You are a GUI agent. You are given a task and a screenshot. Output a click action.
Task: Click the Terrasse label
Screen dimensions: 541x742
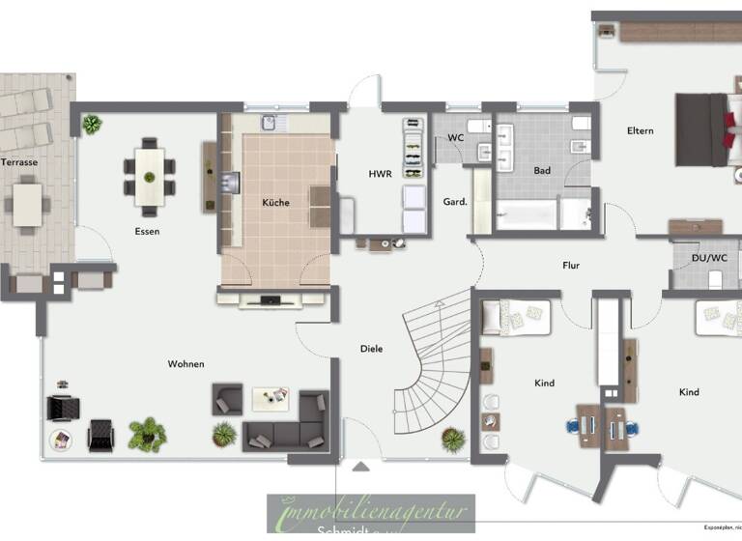[x=19, y=162]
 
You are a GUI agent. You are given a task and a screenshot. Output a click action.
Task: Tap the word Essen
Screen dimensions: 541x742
[x=147, y=232]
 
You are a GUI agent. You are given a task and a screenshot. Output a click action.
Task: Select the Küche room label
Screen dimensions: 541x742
[x=275, y=203]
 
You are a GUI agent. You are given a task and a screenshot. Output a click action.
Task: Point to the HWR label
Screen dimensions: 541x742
[x=380, y=175]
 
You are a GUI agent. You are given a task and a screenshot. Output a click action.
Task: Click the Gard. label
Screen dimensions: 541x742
[x=454, y=202]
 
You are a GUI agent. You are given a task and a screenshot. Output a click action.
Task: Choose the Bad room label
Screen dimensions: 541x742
[x=542, y=171]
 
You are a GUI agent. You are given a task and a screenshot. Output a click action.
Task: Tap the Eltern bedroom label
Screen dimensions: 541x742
[x=640, y=131]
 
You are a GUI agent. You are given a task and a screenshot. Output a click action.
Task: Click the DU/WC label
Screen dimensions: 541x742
[x=708, y=258]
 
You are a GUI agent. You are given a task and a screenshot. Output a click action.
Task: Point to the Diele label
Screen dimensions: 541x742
[x=372, y=348]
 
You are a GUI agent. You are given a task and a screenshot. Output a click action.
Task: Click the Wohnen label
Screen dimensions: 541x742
[x=185, y=364]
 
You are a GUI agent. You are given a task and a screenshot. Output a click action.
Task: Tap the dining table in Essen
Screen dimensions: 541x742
[x=150, y=175]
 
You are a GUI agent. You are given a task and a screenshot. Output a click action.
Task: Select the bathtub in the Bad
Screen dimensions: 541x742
[x=527, y=214]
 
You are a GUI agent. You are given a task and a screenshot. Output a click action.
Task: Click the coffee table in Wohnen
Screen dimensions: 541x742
[x=271, y=398]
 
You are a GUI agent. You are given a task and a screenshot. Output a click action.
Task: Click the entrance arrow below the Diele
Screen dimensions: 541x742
[x=360, y=468]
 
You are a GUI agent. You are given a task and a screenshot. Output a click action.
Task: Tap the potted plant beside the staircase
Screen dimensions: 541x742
[x=452, y=440]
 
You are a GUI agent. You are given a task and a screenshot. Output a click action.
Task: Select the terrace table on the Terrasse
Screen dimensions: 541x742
[x=28, y=204]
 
